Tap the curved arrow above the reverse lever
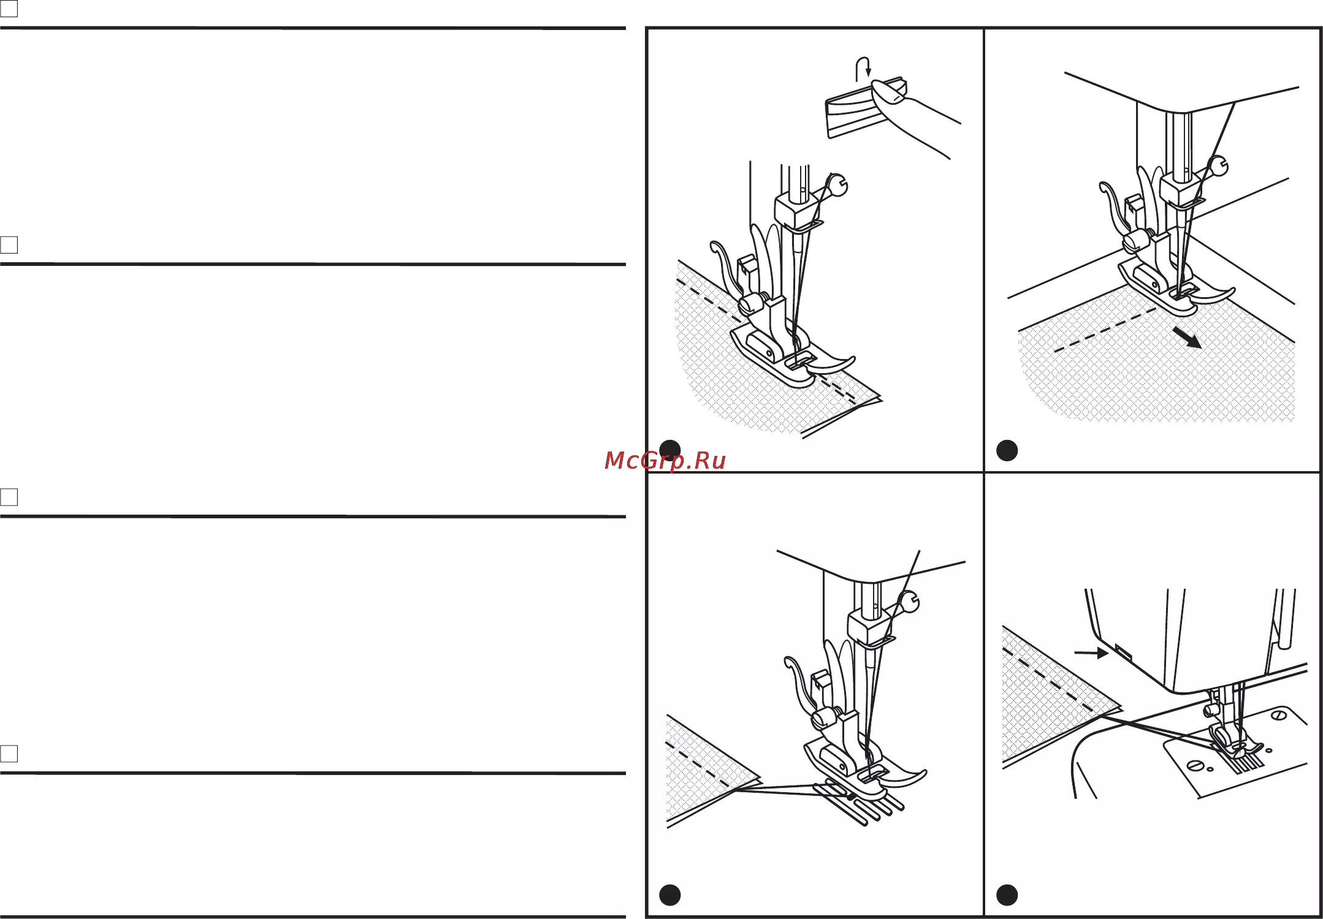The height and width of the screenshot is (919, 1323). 863,69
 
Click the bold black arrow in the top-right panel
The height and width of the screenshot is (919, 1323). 1187,337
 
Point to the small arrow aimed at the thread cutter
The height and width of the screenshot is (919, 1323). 1091,653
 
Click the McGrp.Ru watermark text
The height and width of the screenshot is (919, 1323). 665,460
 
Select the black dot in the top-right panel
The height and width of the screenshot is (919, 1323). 1007,450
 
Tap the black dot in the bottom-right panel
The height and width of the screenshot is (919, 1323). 1007,895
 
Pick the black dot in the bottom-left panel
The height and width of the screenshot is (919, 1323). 669,895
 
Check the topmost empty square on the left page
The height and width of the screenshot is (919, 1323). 9,8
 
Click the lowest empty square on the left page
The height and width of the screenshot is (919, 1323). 9,754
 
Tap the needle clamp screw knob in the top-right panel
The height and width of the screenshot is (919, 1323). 1219,166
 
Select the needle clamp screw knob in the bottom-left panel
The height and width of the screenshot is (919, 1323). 909,602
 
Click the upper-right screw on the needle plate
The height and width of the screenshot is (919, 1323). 1278,716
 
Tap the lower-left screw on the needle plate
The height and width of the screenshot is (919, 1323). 1195,765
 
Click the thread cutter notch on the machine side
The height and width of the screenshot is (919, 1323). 1123,650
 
